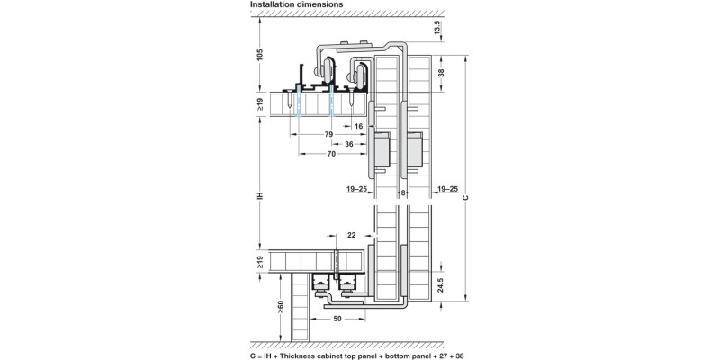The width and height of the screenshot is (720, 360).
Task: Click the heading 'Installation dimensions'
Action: pyautogui.click(x=296, y=5)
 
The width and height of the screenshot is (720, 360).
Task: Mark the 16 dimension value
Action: pyautogui.click(x=359, y=127)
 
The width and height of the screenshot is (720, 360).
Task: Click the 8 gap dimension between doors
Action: pyautogui.click(x=403, y=191)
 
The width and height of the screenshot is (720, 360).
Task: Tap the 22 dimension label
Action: pyautogui.click(x=350, y=234)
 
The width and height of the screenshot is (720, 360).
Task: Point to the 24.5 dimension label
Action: pyautogui.click(x=438, y=285)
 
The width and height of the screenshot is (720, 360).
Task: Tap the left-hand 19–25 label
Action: pyautogui.click(x=357, y=191)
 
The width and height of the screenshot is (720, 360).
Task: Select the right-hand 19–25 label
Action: pyautogui.click(x=446, y=191)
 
